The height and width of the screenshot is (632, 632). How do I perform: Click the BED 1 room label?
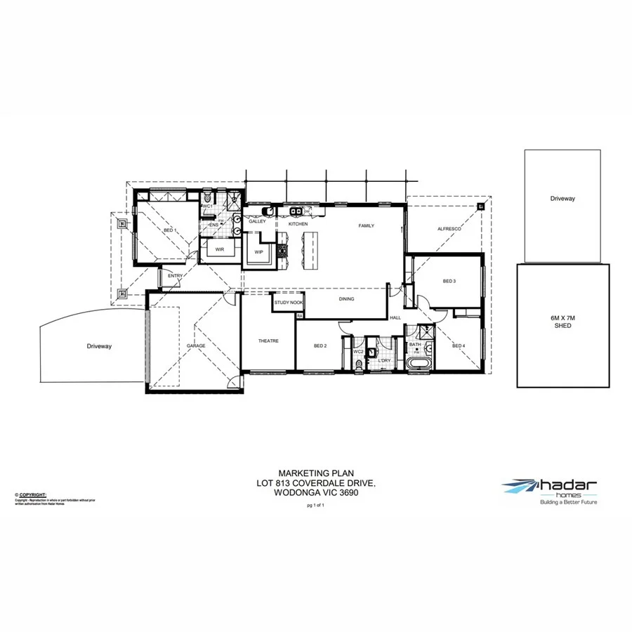pyautogui.click(x=169, y=230)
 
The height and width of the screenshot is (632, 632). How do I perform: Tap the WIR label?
pyautogui.click(x=219, y=249)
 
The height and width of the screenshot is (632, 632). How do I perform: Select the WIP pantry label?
pyautogui.click(x=258, y=251)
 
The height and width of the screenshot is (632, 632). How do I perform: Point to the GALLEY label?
pyautogui.click(x=257, y=221)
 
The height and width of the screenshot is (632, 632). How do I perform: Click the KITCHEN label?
pyautogui.click(x=298, y=224)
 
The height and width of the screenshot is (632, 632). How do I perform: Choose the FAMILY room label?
pyautogui.click(x=366, y=226)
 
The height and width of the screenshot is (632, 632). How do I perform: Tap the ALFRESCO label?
pyautogui.click(x=449, y=230)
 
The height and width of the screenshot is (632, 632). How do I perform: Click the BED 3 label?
pyautogui.click(x=449, y=282)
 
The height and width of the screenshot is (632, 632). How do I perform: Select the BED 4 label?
pyautogui.click(x=459, y=346)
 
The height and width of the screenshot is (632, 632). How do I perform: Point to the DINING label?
pyautogui.click(x=346, y=299)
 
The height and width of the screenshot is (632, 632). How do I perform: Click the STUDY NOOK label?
pyautogui.click(x=289, y=303)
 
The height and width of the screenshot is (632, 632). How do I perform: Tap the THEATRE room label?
pyautogui.click(x=268, y=341)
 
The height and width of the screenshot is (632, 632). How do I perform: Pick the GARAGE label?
pyautogui.click(x=196, y=346)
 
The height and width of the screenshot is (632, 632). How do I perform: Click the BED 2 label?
pyautogui.click(x=320, y=346)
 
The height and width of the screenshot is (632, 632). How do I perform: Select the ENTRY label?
pyautogui.click(x=175, y=276)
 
